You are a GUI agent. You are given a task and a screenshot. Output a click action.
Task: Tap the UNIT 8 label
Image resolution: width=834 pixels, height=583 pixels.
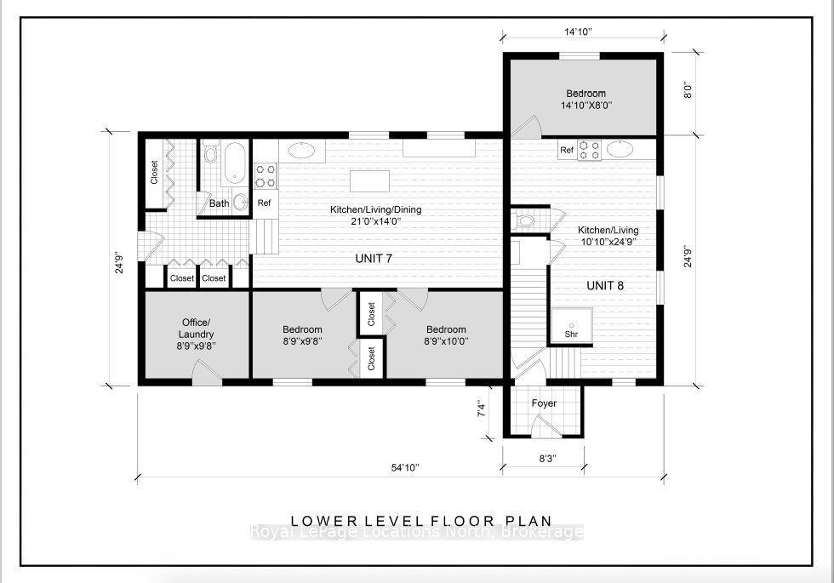click(605, 286)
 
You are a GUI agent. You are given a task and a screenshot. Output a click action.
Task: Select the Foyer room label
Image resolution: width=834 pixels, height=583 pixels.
click(544, 403)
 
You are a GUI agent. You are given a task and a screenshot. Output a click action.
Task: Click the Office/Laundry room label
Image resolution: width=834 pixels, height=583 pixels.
click(196, 334)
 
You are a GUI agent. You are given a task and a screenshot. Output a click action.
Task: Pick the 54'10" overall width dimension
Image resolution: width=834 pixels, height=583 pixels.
click(405, 467)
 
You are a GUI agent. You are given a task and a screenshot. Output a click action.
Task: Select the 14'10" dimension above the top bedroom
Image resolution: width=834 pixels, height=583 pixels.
click(578, 32)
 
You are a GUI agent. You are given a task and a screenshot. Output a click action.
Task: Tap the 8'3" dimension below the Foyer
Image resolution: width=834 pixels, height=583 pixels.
click(547, 459)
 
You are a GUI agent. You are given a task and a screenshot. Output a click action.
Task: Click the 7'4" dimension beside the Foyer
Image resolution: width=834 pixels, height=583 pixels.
click(482, 410)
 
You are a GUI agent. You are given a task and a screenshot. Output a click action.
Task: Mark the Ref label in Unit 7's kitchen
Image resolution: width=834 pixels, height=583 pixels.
click(265, 203)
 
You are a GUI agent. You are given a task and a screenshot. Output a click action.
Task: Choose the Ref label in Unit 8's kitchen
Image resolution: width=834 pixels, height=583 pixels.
click(567, 150)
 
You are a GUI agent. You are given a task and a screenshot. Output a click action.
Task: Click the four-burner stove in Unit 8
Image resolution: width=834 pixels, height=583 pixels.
click(589, 150)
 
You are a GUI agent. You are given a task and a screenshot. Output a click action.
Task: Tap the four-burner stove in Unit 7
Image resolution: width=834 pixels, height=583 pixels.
click(266, 176)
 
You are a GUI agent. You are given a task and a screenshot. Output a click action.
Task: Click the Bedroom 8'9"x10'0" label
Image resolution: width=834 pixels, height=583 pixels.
click(446, 335)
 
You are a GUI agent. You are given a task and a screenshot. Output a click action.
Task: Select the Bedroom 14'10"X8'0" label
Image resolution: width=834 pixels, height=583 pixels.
click(586, 100)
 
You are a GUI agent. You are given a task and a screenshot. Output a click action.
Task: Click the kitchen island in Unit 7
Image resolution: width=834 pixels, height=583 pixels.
click(369, 180)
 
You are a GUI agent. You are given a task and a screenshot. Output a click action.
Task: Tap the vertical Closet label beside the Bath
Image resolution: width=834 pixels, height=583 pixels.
click(154, 172)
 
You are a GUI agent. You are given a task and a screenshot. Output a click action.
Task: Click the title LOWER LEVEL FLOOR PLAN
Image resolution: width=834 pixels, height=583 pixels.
click(421, 521)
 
